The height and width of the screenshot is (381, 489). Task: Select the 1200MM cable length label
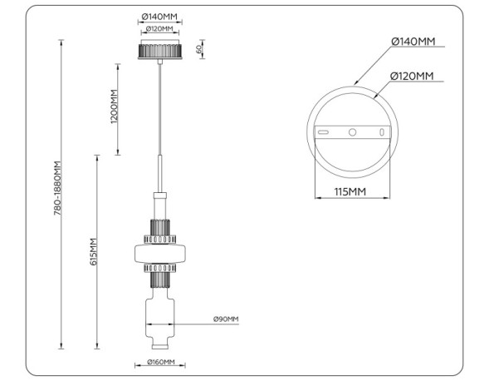coord(114,108)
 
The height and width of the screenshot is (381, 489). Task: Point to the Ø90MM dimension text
coord(225,319)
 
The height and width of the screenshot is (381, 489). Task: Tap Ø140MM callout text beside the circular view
coord(413,42)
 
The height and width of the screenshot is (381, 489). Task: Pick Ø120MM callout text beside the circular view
coord(413,77)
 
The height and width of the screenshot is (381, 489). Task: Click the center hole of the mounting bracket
coord(353,132)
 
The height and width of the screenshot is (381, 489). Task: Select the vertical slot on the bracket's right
coord(381,132)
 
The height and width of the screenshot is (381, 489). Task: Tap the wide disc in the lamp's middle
coord(159,252)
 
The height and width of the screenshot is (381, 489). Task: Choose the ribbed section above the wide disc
coord(159,227)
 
